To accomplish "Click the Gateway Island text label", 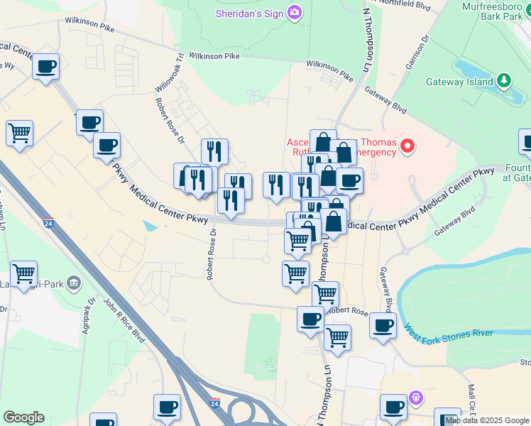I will [x=459, y=82].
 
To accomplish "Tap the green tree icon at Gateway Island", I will [x=504, y=80].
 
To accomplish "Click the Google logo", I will [x=23, y=417].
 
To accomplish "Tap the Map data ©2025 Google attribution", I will [x=487, y=421].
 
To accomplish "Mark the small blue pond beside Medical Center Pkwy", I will [x=150, y=226].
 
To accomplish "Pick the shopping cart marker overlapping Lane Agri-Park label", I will [x=24, y=274].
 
